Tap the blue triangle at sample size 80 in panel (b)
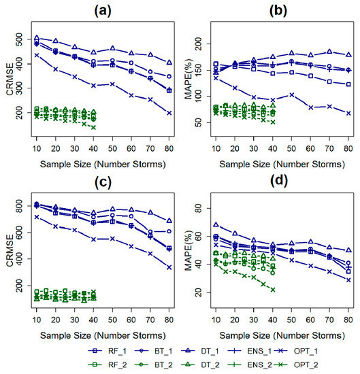[349, 54]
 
